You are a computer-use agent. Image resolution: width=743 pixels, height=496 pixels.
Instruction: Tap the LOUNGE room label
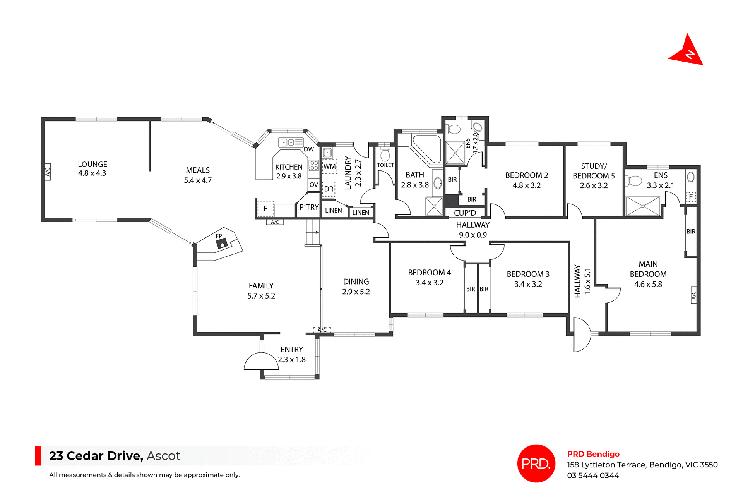pyautogui.click(x=92, y=165)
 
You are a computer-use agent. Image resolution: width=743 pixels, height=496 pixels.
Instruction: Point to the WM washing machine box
pyautogui.click(x=329, y=166)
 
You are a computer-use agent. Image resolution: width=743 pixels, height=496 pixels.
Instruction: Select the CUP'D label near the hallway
pyautogui.click(x=465, y=213)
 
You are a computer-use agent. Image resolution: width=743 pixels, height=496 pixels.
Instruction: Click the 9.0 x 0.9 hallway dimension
pyautogui.click(x=473, y=235)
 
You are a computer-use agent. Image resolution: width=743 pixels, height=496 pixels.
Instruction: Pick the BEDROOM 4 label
pyautogui.click(x=429, y=273)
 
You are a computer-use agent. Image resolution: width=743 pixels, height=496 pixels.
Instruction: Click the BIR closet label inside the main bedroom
pyautogui.click(x=691, y=232)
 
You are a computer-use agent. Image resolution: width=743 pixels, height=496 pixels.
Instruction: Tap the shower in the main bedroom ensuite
pyautogui.click(x=643, y=206)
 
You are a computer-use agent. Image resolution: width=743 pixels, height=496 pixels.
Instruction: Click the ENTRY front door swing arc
pyautogui.click(x=260, y=361)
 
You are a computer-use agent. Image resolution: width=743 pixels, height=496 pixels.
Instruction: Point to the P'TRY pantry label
pyautogui.click(x=309, y=208)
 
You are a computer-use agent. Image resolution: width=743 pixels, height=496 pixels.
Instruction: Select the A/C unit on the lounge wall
pyautogui.click(x=47, y=171)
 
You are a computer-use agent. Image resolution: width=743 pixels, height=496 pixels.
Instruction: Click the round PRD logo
pyautogui.click(x=536, y=463)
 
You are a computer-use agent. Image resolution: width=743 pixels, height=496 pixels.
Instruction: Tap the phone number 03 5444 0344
pyautogui.click(x=593, y=475)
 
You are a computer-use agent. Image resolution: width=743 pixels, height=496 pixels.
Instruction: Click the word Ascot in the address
pyautogui.click(x=163, y=456)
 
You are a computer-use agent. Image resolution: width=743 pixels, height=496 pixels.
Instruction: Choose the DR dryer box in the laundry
pyautogui.click(x=329, y=189)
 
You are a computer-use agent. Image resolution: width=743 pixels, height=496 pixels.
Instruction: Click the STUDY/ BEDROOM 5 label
pyautogui.click(x=594, y=171)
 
